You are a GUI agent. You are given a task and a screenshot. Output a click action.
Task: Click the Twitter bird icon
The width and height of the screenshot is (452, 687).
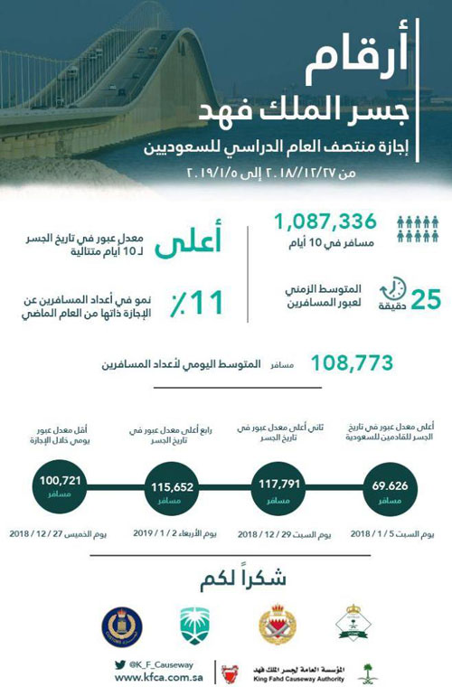[x=119, y=663]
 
